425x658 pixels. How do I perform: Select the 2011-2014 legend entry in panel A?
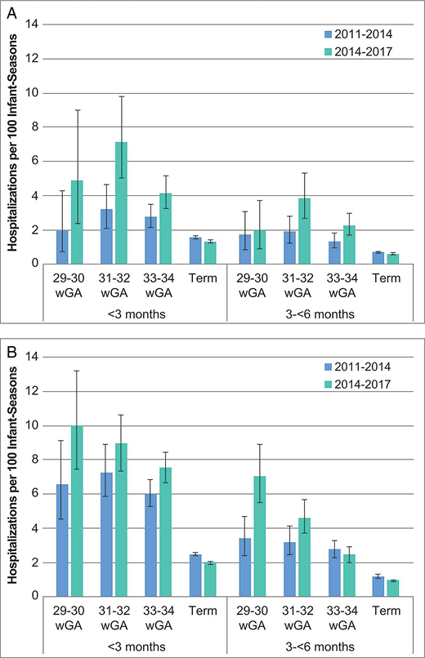tap(356, 34)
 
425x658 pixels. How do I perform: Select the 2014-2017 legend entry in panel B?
tap(356, 382)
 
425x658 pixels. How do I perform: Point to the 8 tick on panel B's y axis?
tap(34, 460)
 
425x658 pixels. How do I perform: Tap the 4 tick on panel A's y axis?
tap(34, 196)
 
